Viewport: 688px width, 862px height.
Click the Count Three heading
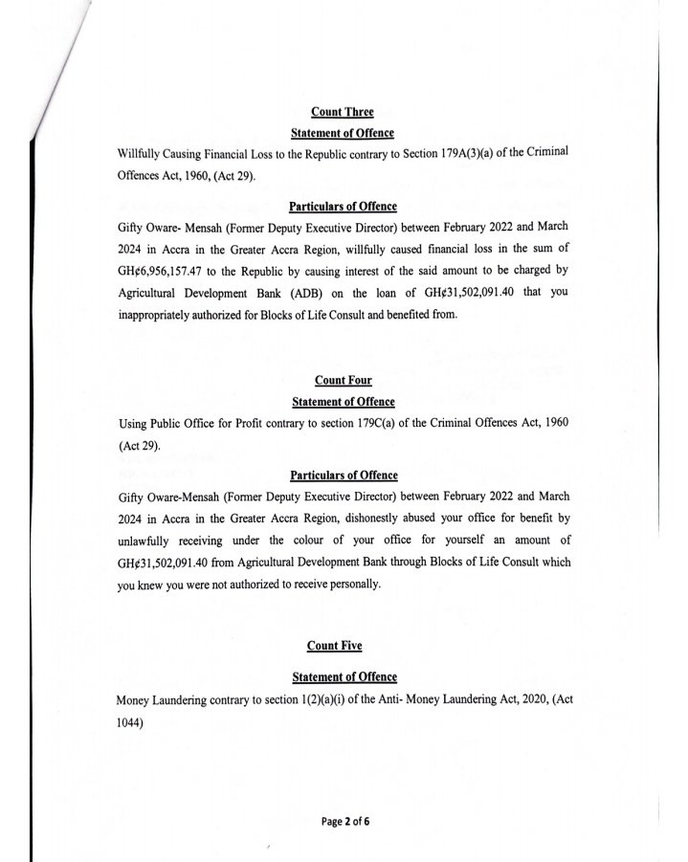(x=343, y=113)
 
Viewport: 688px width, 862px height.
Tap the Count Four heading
(x=343, y=382)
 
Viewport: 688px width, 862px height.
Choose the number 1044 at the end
(x=132, y=722)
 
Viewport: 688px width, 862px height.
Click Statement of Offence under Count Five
(x=343, y=677)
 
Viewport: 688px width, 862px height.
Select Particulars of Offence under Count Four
(x=343, y=475)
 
